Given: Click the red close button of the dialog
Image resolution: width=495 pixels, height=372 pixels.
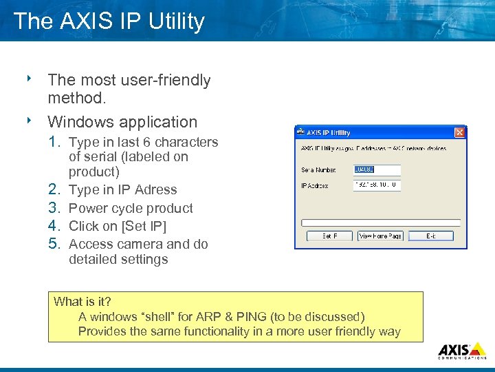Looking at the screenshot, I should coord(460,132).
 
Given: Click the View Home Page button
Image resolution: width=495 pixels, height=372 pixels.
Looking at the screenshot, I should coord(380,236).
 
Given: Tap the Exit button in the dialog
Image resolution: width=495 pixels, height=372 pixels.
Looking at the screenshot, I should coord(430,236).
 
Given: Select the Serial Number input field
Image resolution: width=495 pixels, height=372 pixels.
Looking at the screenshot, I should coord(377,169).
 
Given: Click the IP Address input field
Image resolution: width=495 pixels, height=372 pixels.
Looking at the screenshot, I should coord(377,185).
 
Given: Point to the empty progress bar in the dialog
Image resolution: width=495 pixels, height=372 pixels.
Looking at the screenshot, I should coord(380,222).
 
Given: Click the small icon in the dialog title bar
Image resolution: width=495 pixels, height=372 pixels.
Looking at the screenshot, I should coord(300,133).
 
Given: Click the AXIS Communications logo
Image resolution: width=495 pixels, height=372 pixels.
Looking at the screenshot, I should coord(462,350).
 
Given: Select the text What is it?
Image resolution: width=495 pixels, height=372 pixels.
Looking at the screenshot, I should coord(82,302).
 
